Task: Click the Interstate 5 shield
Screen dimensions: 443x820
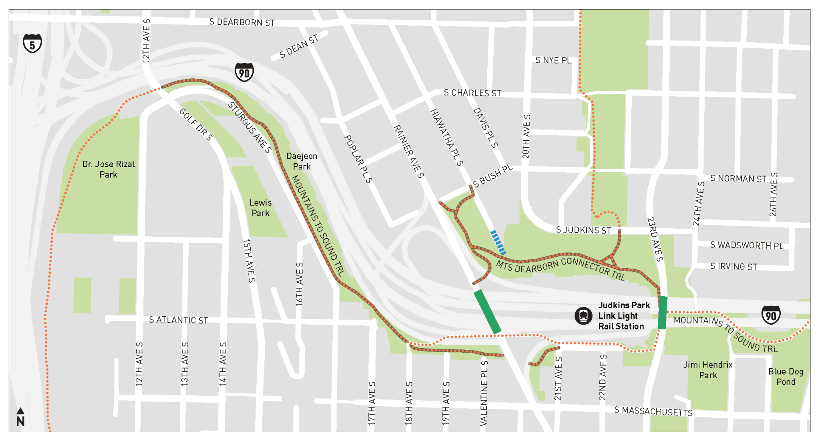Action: (x=32, y=43)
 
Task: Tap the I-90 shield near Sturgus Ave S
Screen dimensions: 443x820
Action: (x=244, y=72)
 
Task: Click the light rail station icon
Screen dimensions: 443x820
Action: (x=583, y=316)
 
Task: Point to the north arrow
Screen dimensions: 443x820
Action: (x=20, y=417)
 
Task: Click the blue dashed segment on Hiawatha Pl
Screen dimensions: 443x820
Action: (x=498, y=242)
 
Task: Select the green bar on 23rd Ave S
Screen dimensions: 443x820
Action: (x=663, y=313)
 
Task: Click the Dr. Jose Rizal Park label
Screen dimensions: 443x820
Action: (x=109, y=169)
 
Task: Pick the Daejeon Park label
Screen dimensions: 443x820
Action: (x=301, y=161)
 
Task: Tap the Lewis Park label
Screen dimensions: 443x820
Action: (x=260, y=208)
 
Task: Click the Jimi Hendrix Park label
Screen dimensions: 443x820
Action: (x=708, y=370)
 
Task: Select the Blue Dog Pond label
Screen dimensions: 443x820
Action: (x=786, y=377)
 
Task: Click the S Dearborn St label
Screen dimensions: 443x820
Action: (x=242, y=22)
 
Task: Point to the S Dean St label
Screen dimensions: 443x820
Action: (x=299, y=46)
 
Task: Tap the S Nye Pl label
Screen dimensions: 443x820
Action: (x=553, y=60)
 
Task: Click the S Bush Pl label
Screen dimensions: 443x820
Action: (x=492, y=176)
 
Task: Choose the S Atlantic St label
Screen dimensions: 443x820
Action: (x=178, y=320)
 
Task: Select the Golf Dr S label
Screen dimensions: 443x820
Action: (x=195, y=124)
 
